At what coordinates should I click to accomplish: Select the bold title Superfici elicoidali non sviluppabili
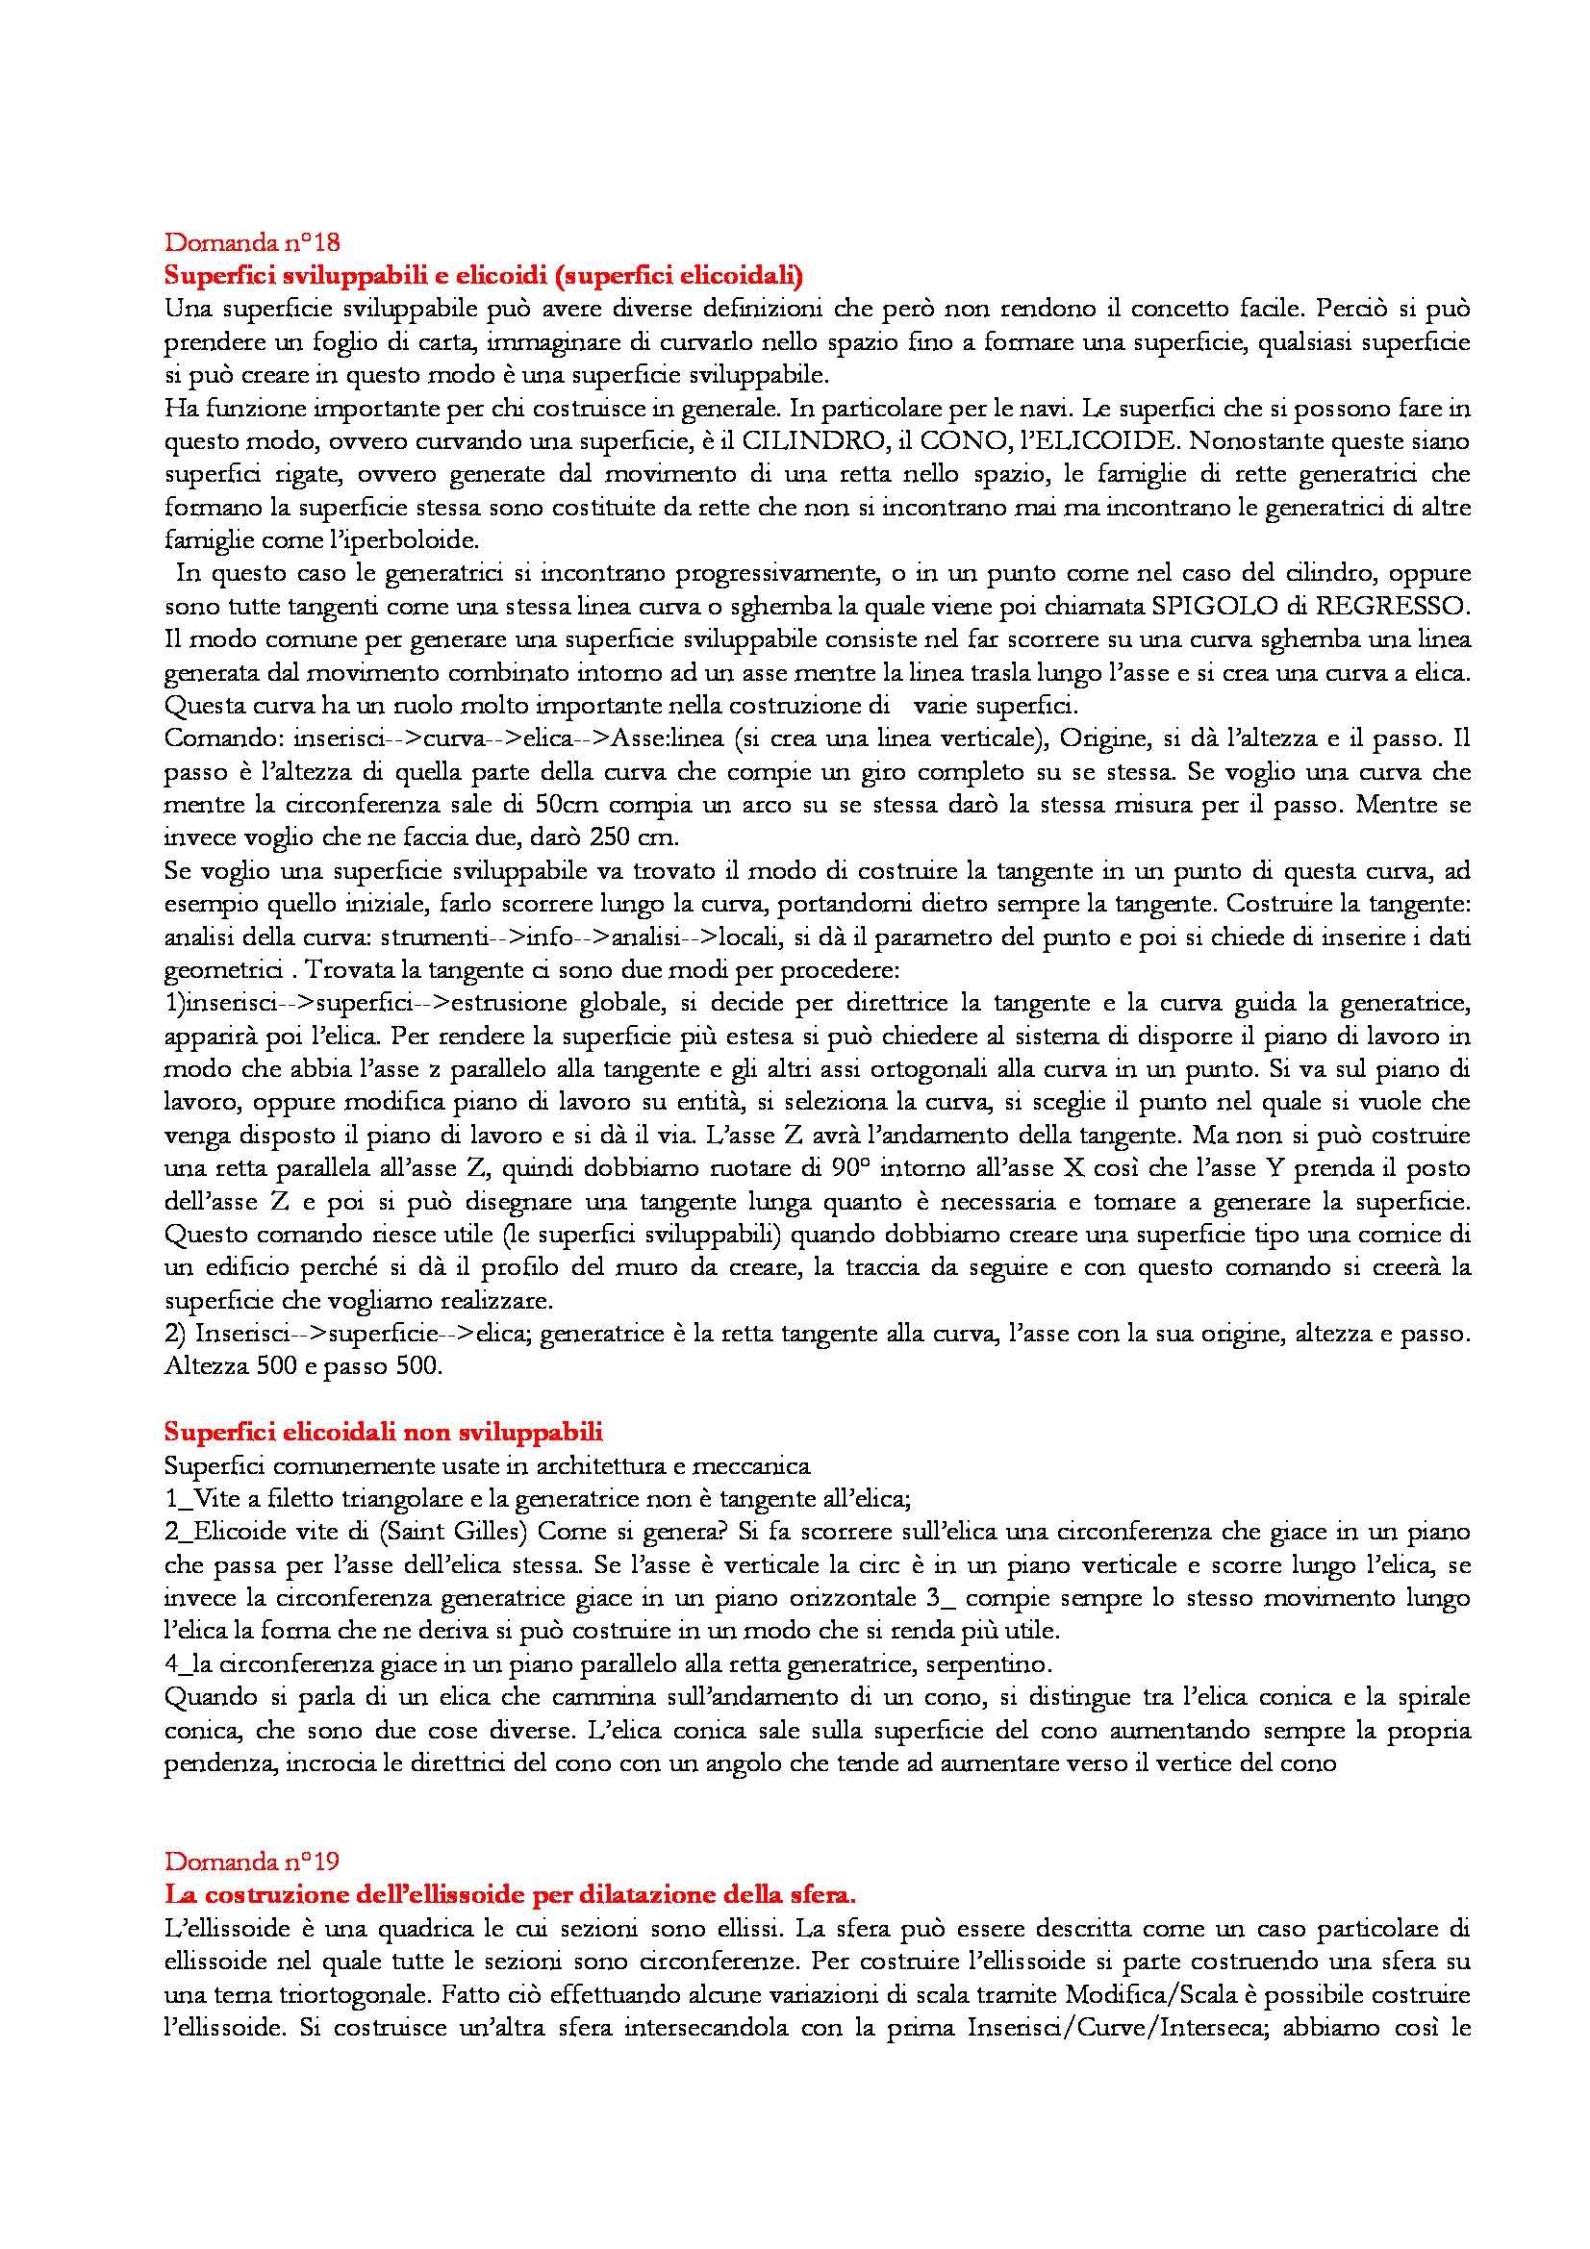pos(383,1432)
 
